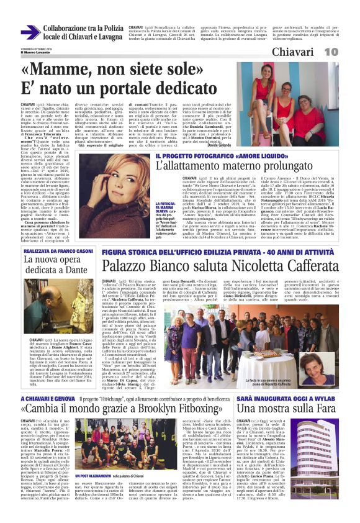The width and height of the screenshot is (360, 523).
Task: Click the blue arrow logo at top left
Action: click(x=30, y=32)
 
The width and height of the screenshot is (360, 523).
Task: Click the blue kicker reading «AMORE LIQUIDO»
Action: click(x=241, y=155)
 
